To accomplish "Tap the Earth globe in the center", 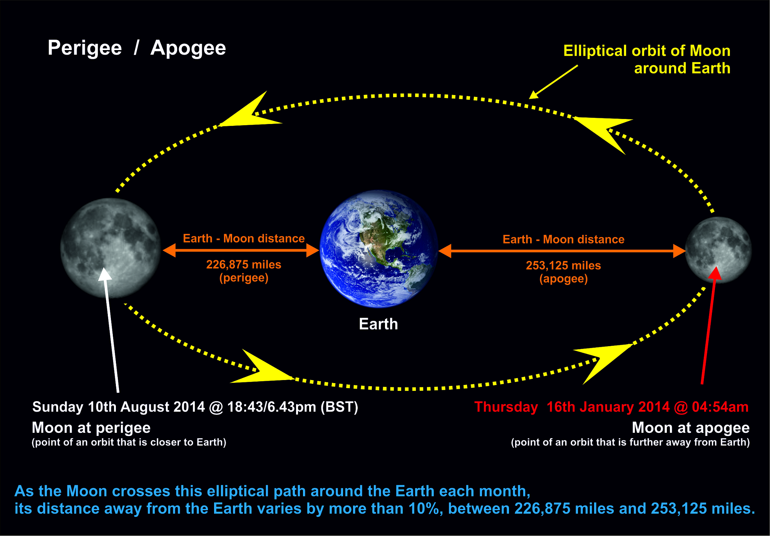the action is pos(379,249).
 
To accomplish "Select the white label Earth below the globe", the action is pos(378,324).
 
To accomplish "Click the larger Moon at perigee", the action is pos(110,248).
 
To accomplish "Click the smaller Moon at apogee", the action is pos(718,250).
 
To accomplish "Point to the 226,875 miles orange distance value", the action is pos(244,265).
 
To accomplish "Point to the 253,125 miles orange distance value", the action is pos(563,265).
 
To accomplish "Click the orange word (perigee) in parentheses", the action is pos(244,278).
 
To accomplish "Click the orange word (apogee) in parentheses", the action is pos(564,279).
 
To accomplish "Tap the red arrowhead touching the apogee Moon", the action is pos(715,273).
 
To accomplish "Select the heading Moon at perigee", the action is pos(91,428).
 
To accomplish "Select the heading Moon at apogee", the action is pos(691,428).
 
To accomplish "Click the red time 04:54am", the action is pos(720,407).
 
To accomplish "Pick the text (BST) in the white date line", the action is pos(340,407).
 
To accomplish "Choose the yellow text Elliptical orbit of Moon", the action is pos(647,51).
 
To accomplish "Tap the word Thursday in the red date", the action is pos(506,407).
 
